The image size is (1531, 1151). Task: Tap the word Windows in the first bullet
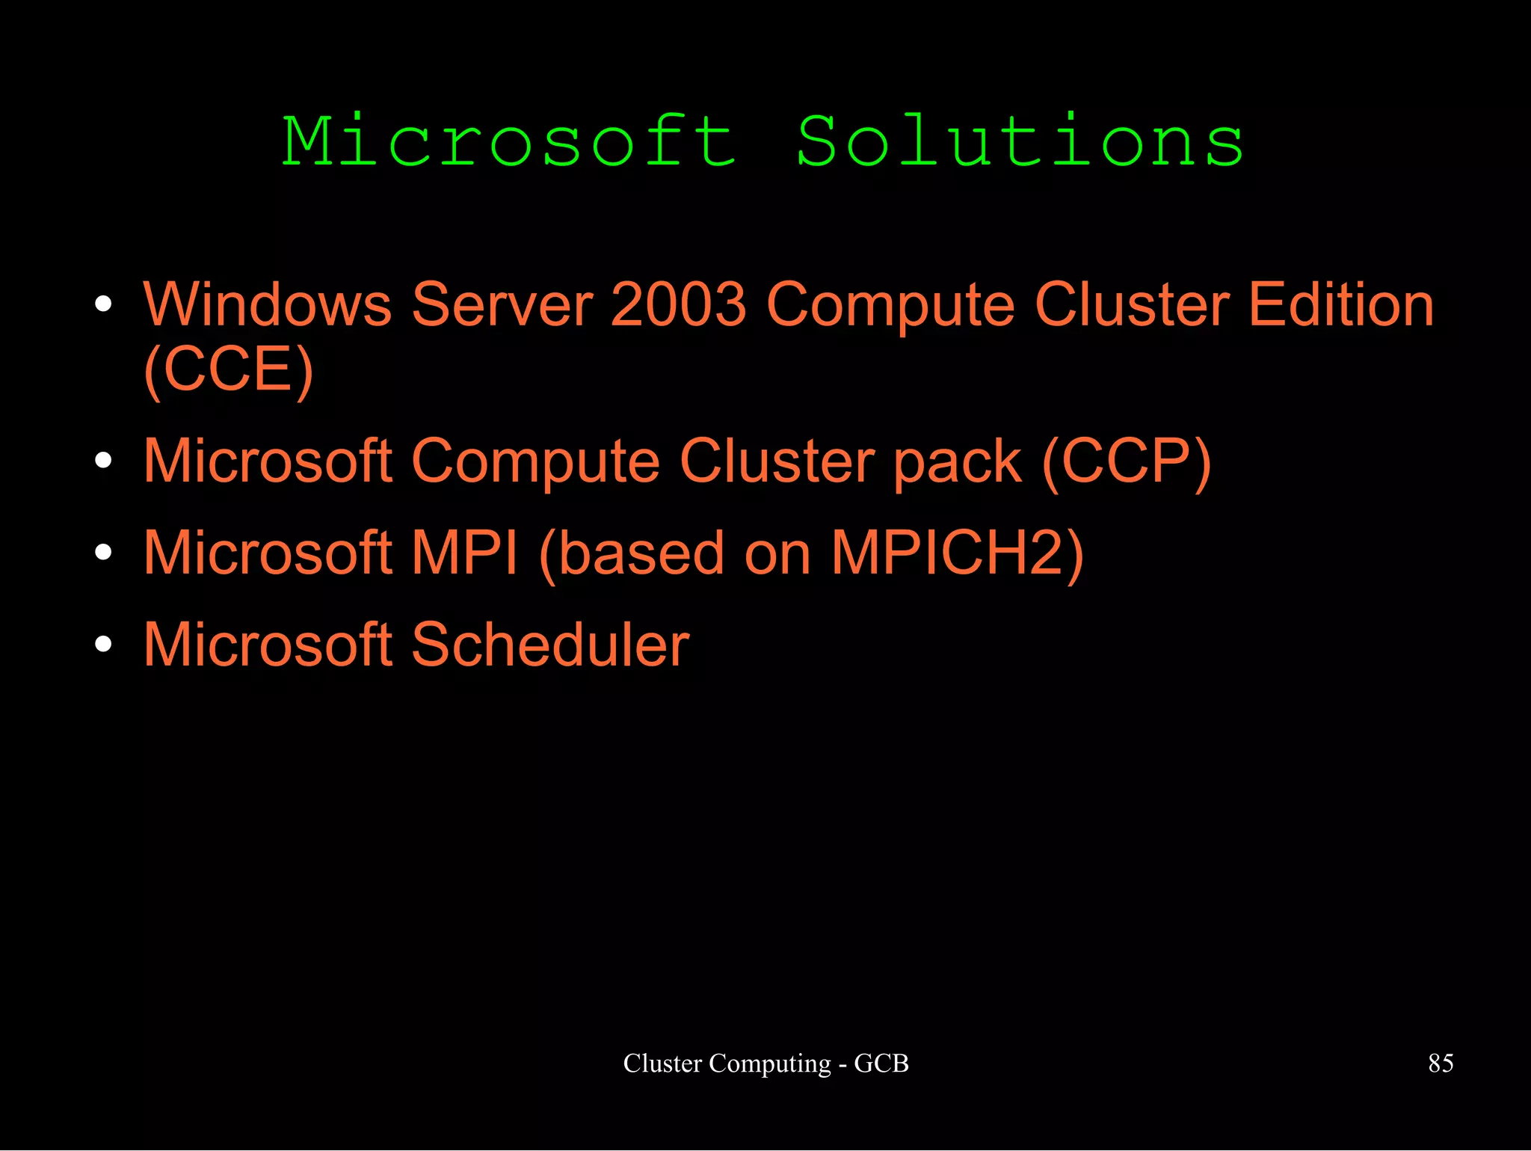268,305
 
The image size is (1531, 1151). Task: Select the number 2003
678,305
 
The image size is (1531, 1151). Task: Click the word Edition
1341,305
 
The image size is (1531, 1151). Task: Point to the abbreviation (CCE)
229,369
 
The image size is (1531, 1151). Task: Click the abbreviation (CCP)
1126,461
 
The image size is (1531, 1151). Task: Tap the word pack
958,463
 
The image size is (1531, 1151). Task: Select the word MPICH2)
958,554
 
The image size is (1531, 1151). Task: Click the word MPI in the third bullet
465,553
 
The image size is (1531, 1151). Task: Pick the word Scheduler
550,645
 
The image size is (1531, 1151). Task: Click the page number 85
1441,1063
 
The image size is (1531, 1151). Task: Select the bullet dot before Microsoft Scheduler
104,644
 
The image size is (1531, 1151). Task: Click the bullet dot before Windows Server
104,304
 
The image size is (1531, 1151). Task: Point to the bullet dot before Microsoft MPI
104,553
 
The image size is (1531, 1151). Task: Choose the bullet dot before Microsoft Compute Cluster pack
104,461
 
